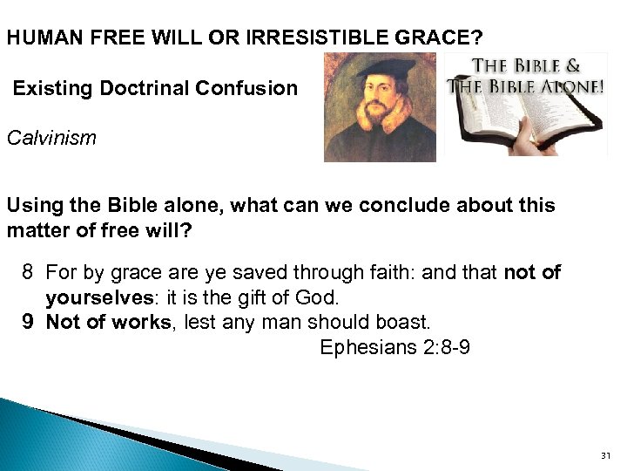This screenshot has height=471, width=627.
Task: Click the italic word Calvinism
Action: [x=51, y=138]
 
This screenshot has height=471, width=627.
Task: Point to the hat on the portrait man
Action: [x=377, y=69]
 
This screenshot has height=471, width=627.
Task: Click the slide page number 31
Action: [x=606, y=456]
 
